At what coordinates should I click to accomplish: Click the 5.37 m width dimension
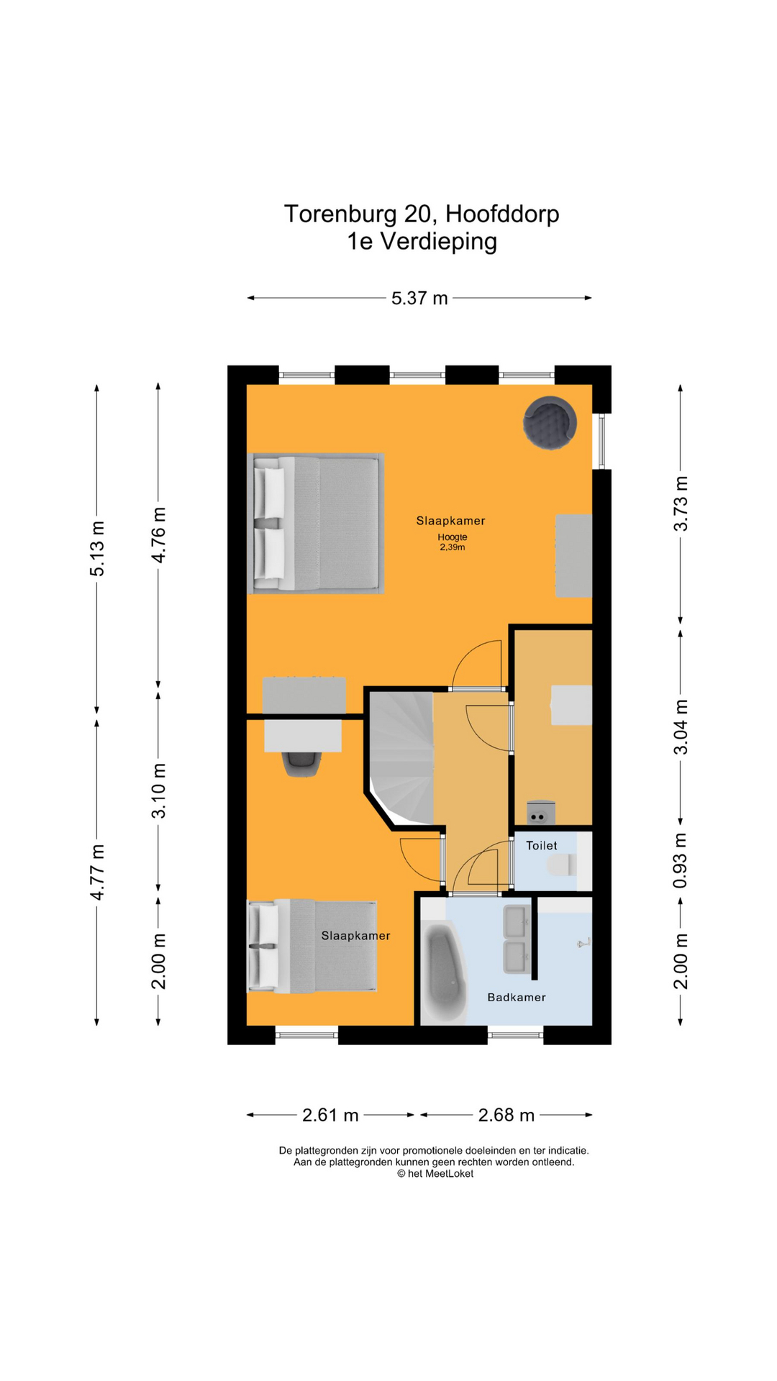[x=419, y=298]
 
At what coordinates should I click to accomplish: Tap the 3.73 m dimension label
[x=681, y=503]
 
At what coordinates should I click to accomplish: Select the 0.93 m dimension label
[x=681, y=860]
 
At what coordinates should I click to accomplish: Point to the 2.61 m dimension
[x=330, y=1115]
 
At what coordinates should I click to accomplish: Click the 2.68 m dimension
[x=506, y=1115]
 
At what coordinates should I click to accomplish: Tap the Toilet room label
[x=541, y=846]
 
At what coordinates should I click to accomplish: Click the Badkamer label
[x=517, y=998]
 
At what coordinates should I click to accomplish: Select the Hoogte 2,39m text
[x=453, y=542]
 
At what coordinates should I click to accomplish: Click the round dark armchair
[x=550, y=423]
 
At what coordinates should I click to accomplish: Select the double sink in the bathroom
[x=516, y=939]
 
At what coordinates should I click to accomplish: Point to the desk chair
[x=301, y=763]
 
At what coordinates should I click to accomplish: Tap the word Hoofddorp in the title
[x=502, y=214]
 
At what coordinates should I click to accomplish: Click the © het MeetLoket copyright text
[x=435, y=1173]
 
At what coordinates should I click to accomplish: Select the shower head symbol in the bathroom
[x=584, y=943]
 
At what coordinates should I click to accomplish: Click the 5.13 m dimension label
[x=97, y=548]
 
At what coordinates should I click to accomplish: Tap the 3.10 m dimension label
[x=158, y=790]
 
